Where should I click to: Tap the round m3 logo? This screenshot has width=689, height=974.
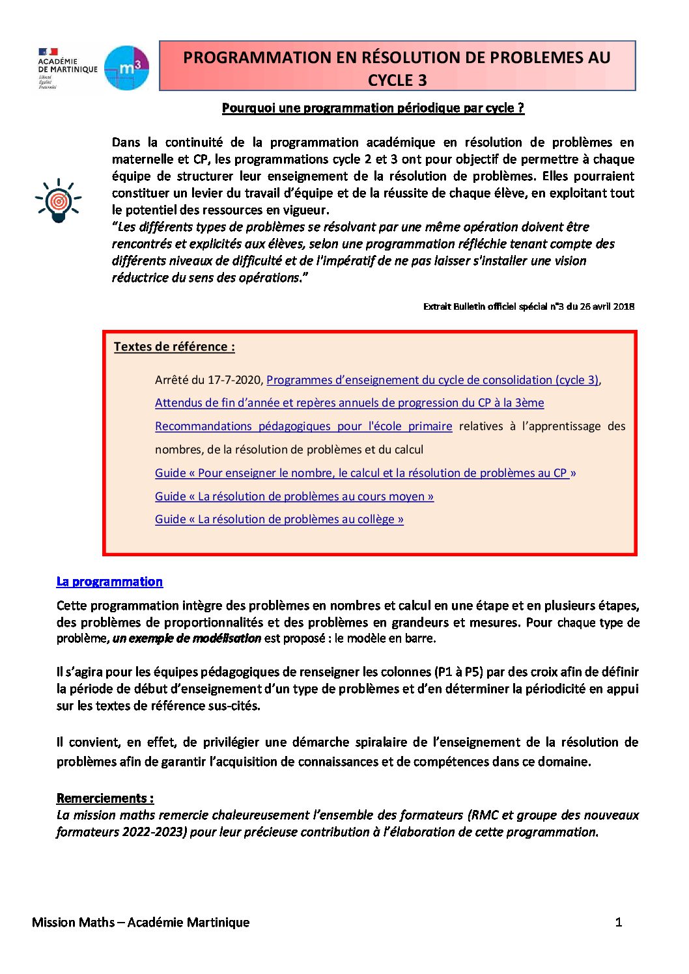[127, 68]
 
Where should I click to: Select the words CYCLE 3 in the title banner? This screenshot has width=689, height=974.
[397, 81]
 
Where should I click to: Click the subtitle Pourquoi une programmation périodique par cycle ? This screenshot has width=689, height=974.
[373, 108]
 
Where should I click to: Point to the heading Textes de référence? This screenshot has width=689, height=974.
[174, 347]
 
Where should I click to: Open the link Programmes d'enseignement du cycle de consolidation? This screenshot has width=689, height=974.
[432, 380]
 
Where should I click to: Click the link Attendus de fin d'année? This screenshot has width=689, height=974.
[349, 403]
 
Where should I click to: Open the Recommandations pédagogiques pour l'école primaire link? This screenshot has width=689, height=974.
[303, 426]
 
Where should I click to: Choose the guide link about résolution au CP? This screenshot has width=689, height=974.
[365, 473]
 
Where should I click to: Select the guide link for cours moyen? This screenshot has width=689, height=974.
[294, 496]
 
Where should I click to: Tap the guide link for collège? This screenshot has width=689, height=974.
[279, 519]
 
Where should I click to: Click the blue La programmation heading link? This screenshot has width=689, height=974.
[109, 582]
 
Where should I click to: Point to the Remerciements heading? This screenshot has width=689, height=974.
[105, 798]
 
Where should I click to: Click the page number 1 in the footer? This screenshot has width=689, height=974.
[618, 922]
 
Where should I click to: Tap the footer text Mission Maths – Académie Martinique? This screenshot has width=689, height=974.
[141, 922]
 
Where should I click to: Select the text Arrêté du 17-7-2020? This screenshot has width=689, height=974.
[208, 380]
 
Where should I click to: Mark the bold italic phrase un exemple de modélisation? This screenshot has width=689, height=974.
[187, 638]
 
